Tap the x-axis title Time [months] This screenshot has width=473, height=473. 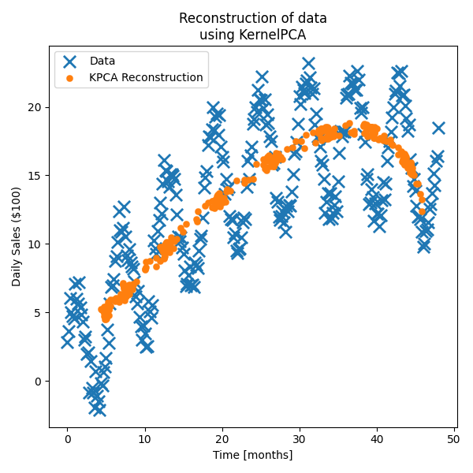[x=252, y=455]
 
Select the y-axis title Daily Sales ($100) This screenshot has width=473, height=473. [x=17, y=236]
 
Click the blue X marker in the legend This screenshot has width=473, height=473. [x=70, y=61]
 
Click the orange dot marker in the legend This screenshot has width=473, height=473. [x=70, y=78]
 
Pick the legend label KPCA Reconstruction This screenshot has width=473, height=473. [x=146, y=78]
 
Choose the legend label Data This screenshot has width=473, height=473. [x=102, y=61]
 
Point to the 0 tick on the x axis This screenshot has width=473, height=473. [x=68, y=438]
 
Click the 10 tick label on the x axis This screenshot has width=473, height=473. [x=145, y=438]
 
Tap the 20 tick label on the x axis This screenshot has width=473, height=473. [x=222, y=438]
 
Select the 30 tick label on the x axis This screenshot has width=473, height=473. [x=300, y=438]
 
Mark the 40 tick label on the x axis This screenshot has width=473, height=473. [x=377, y=438]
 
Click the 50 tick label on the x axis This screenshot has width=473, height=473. [x=454, y=438]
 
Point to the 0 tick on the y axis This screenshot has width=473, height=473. [x=39, y=382]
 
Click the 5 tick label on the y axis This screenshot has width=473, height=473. [x=39, y=313]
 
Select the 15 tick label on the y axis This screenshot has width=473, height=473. [x=35, y=176]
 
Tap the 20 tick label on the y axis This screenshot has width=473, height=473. [x=35, y=107]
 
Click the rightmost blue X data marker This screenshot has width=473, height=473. [x=438, y=128]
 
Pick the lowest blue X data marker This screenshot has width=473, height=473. [x=98, y=408]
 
